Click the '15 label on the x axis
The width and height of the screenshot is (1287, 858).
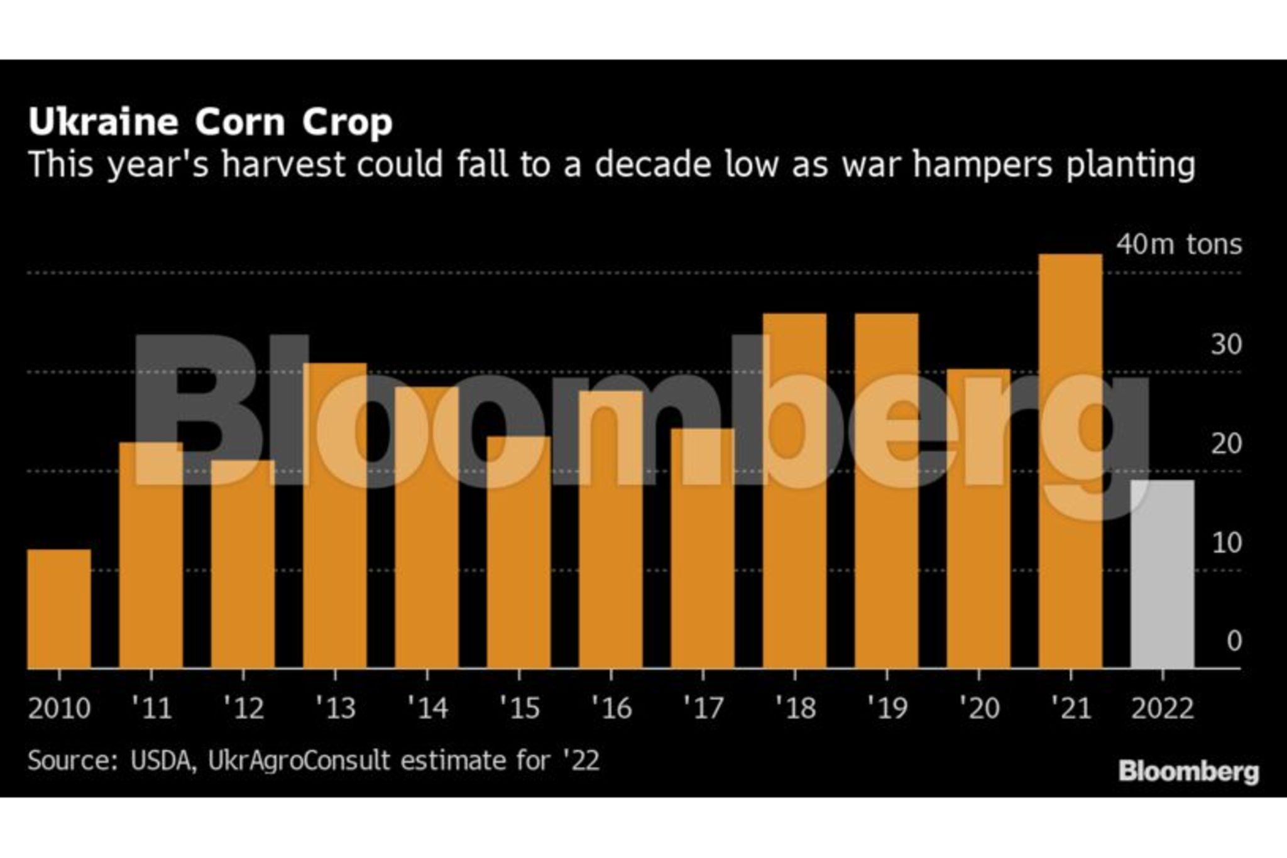(520, 708)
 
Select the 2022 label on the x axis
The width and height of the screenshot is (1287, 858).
(1162, 709)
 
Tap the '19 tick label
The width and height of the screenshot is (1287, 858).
(887, 708)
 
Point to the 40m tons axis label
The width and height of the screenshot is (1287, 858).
(1179, 244)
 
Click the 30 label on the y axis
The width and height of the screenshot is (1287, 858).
(1226, 344)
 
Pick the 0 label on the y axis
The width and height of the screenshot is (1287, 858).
(1234, 641)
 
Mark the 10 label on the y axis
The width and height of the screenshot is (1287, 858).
(1226, 543)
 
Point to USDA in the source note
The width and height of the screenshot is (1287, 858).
(160, 761)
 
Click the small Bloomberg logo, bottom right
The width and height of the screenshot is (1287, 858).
(1188, 771)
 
